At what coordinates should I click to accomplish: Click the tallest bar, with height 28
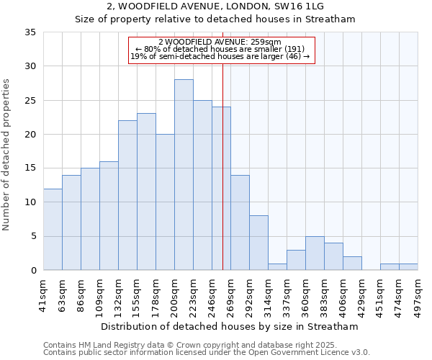pyautogui.click(x=184, y=175)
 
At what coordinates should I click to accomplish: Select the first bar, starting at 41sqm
pyautogui.click(x=53, y=229)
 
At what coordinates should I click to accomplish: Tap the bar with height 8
pyautogui.click(x=258, y=243)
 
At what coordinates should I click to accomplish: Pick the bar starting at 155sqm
pyautogui.click(x=146, y=192)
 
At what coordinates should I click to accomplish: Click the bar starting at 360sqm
pyautogui.click(x=315, y=253)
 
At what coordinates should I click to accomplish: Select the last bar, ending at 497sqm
pyautogui.click(x=408, y=266)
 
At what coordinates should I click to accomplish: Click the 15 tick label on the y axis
pyautogui.click(x=30, y=168)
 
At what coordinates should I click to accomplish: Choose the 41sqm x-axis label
pyautogui.click(x=44, y=293)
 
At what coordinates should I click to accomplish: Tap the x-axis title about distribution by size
pyautogui.click(x=230, y=326)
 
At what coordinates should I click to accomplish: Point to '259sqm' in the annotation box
pyautogui.click(x=266, y=42)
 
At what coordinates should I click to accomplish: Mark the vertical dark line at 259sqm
pyautogui.click(x=222, y=180)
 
